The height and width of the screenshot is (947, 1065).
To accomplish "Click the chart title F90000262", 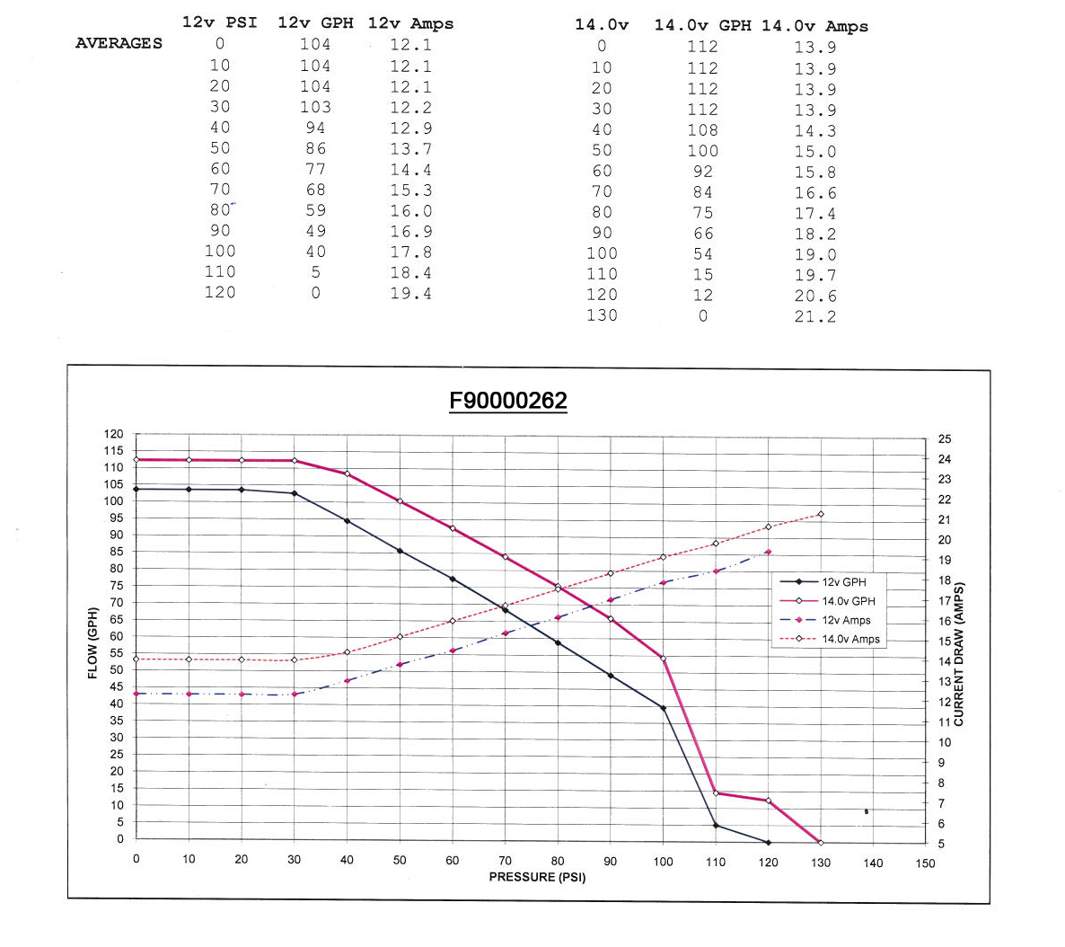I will pyautogui.click(x=508, y=401).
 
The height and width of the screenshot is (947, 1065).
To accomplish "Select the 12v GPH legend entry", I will pyautogui.click(x=844, y=582).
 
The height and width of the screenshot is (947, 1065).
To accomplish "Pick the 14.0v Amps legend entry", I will pyautogui.click(x=850, y=640).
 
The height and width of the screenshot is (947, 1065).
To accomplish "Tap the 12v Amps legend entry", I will pyautogui.click(x=846, y=621).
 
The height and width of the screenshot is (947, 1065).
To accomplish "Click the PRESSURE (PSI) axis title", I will pyautogui.click(x=537, y=877).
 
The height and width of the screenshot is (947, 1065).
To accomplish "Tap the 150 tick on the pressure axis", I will pyautogui.click(x=926, y=863).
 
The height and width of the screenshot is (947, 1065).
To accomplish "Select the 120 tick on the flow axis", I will pyautogui.click(x=114, y=434).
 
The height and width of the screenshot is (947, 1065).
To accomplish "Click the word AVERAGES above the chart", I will pyautogui.click(x=119, y=43).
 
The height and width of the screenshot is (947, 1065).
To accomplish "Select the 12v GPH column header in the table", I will pyautogui.click(x=315, y=23).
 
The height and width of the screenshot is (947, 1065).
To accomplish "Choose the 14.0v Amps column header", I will pyautogui.click(x=814, y=26).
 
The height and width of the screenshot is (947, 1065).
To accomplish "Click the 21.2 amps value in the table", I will pyautogui.click(x=814, y=316).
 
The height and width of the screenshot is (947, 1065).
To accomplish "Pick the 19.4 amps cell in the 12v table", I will pyautogui.click(x=410, y=294).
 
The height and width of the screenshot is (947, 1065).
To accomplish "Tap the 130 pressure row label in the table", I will pyautogui.click(x=602, y=315).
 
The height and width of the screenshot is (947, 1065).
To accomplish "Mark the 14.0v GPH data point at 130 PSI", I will pyautogui.click(x=821, y=843).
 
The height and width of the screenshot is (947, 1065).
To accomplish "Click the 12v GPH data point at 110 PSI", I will pyautogui.click(x=716, y=826).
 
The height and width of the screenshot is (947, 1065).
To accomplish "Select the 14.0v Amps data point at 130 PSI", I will pyautogui.click(x=821, y=515).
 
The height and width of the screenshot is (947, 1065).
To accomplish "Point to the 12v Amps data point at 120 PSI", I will pyautogui.click(x=769, y=552).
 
